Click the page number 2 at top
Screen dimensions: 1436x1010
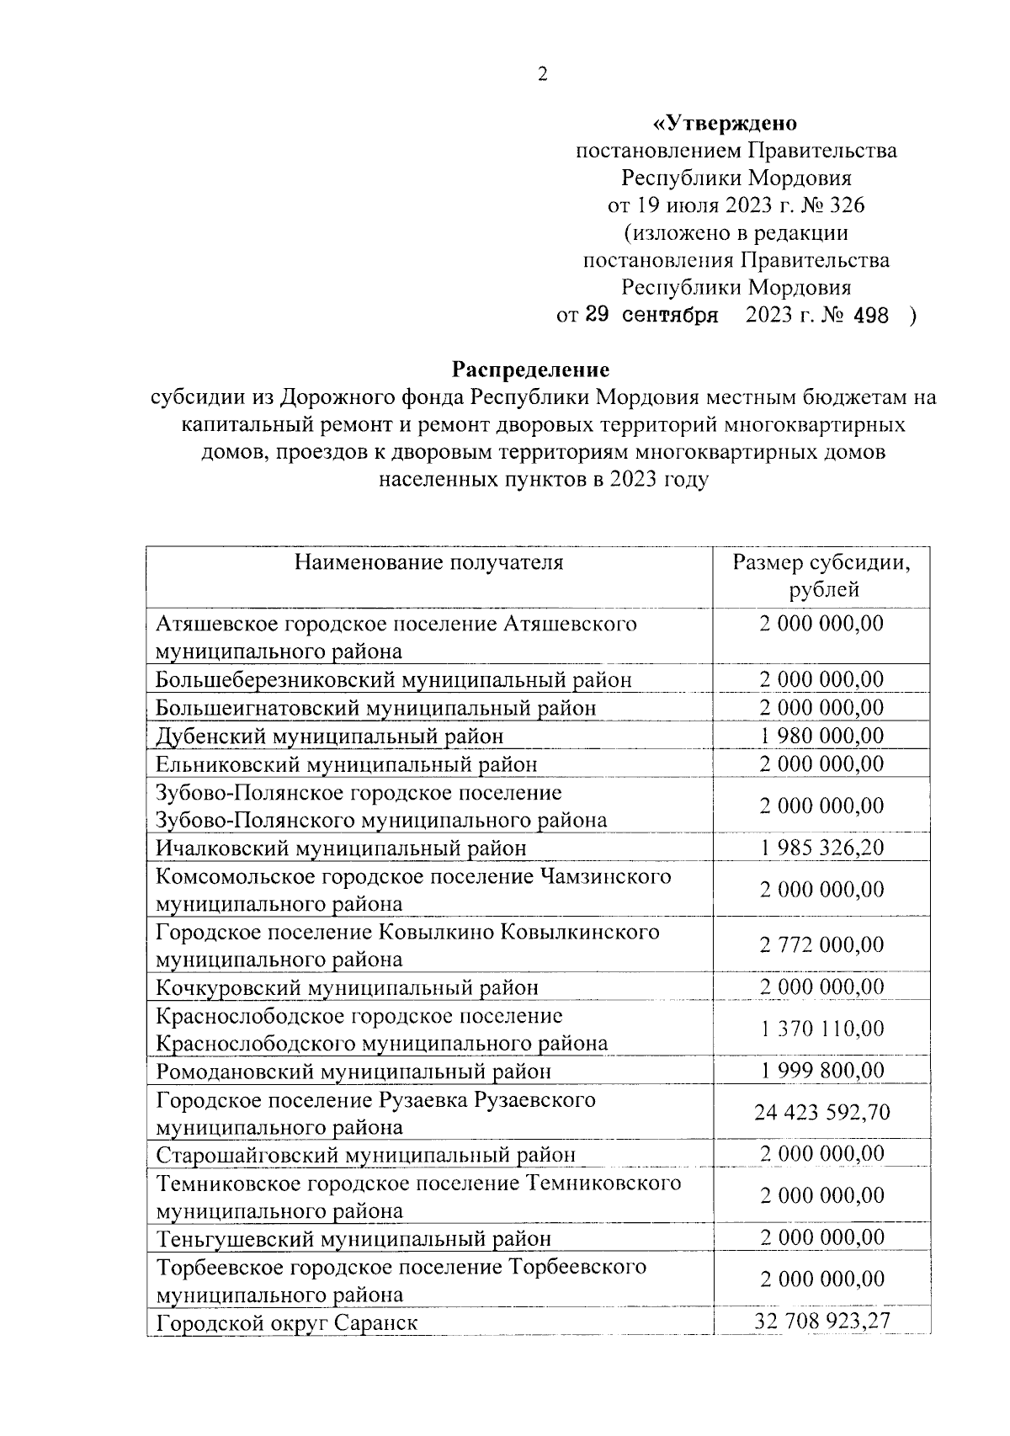click(x=542, y=75)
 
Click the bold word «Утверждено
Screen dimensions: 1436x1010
click(x=725, y=124)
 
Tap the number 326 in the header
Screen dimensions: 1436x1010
click(x=846, y=205)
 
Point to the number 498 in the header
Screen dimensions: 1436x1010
click(x=869, y=316)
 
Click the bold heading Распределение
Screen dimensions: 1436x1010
click(x=531, y=370)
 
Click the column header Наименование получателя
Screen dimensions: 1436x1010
click(x=428, y=562)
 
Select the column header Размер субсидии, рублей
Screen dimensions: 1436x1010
click(x=821, y=576)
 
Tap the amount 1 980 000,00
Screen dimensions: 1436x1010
click(x=821, y=736)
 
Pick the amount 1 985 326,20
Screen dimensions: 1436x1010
click(x=821, y=847)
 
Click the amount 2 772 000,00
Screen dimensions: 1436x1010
click(x=821, y=944)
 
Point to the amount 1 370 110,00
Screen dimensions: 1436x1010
click(x=821, y=1029)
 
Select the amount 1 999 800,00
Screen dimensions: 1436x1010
click(x=821, y=1070)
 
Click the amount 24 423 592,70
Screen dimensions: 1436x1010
click(x=821, y=1112)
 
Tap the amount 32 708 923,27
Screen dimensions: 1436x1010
click(x=821, y=1321)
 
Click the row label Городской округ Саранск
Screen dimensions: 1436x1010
click(x=287, y=1322)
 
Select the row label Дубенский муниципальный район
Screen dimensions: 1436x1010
click(x=330, y=737)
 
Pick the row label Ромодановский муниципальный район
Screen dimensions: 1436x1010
click(x=353, y=1072)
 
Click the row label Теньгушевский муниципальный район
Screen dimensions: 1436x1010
click(x=353, y=1239)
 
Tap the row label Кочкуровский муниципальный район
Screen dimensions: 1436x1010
click(x=347, y=987)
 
